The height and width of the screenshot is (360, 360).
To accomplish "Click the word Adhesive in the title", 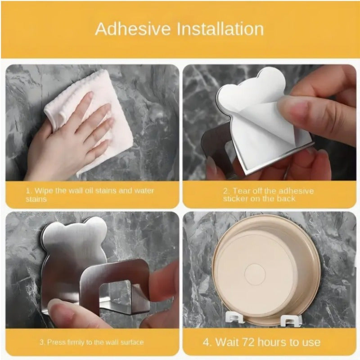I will point(133,29).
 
